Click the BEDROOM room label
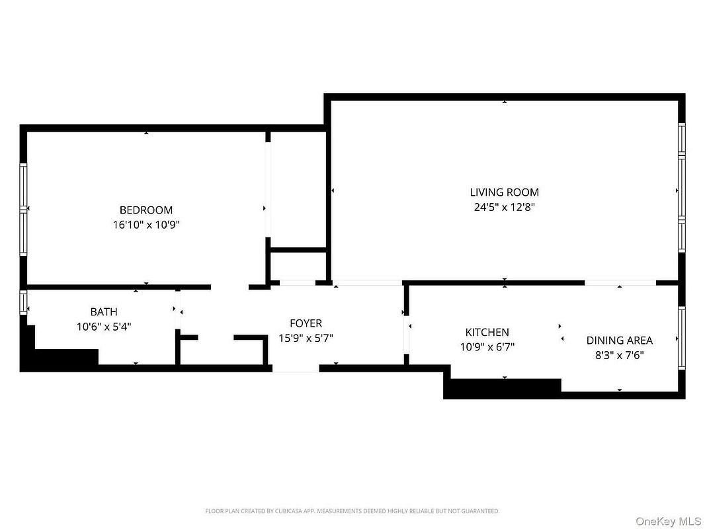[146, 210]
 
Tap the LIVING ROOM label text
[505, 192]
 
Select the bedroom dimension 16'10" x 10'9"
[146, 225]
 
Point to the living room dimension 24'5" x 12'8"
[505, 207]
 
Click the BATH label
[104, 312]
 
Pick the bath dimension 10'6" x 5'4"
[104, 327]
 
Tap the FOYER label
[306, 323]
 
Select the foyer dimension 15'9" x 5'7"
[306, 338]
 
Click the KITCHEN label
[487, 333]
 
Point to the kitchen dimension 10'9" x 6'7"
[487, 347]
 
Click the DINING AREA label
[620, 341]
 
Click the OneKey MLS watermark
[669, 521]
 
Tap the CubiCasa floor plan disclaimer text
[352, 511]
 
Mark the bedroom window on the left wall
[23, 209]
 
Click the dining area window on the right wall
[682, 338]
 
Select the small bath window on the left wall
[23, 302]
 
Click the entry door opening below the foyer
[296, 368]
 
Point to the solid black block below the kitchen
[502, 389]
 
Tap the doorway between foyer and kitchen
[407, 335]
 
